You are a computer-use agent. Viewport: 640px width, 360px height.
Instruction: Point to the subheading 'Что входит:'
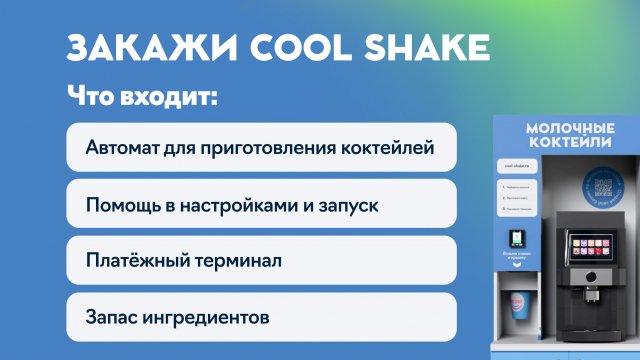(x=142, y=97)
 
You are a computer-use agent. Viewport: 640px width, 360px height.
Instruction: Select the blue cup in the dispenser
(x=519, y=304)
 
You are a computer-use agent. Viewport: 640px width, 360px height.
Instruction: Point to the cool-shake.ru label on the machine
(x=515, y=164)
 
